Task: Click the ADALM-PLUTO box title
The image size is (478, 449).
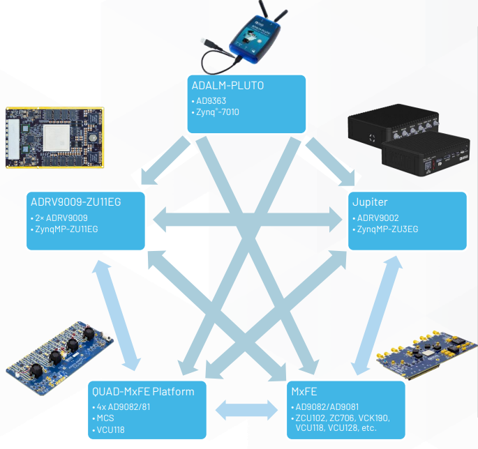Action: point(227,86)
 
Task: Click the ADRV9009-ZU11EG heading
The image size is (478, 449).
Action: point(76,202)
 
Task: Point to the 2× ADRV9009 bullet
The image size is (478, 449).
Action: point(61,218)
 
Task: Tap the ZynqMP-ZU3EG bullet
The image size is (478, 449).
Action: point(387,229)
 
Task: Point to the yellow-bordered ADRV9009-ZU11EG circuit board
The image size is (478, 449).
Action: point(55,137)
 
